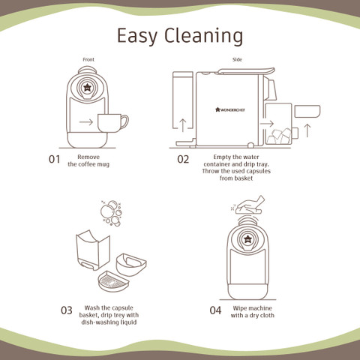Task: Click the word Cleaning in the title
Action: [x=203, y=36]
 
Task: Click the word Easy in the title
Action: [x=137, y=37]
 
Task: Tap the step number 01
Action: [x=54, y=159]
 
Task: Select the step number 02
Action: [x=183, y=159]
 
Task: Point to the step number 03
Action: [x=67, y=310]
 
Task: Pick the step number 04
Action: [x=215, y=310]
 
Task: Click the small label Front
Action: [x=88, y=59]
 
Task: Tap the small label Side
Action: [x=237, y=59]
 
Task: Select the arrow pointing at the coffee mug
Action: [x=86, y=122]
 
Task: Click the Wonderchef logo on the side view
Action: [x=230, y=109]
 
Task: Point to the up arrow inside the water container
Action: [x=183, y=125]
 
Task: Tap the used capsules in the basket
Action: [x=279, y=136]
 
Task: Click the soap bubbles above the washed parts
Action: [x=111, y=213]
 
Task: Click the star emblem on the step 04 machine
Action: [x=247, y=239]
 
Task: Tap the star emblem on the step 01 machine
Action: [x=87, y=87]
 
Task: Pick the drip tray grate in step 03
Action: [x=113, y=281]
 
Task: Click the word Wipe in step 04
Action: [x=240, y=308]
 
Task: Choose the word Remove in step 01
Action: [x=88, y=157]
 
